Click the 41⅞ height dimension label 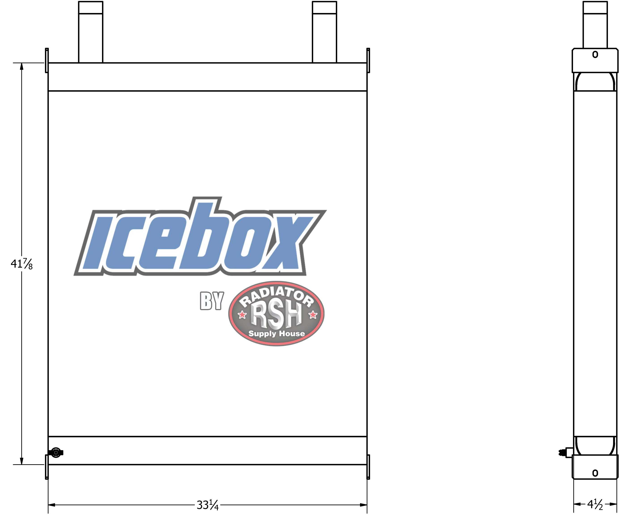coord(21,264)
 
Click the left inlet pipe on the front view coord(91,32)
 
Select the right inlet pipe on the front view coord(324,32)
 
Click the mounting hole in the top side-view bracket coord(595,55)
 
